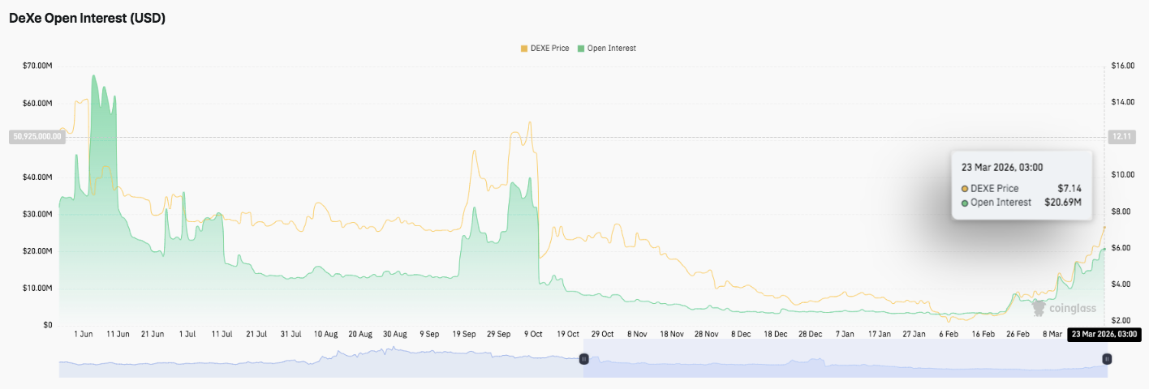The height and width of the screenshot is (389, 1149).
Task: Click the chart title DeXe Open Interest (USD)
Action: [87, 18]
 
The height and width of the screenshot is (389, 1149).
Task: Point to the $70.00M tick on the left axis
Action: [39, 66]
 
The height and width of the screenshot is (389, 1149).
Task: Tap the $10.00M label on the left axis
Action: [39, 289]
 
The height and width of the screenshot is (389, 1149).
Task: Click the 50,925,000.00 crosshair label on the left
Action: [37, 136]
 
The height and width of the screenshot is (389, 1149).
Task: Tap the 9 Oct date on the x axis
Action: [533, 334]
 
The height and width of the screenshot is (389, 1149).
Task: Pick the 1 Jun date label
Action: [83, 334]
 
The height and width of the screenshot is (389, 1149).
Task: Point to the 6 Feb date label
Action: [948, 334]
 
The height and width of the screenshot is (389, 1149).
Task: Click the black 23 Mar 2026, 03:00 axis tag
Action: [1104, 334]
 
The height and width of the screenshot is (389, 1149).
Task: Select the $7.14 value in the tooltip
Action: [1069, 189]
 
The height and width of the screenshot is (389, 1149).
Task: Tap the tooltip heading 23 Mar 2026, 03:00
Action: [1002, 168]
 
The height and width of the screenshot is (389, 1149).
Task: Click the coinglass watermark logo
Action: [1063, 308]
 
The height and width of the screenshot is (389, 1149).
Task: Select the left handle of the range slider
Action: [583, 358]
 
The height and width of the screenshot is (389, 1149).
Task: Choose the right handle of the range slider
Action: [1107, 358]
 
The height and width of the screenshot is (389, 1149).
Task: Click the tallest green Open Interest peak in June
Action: [93, 76]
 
